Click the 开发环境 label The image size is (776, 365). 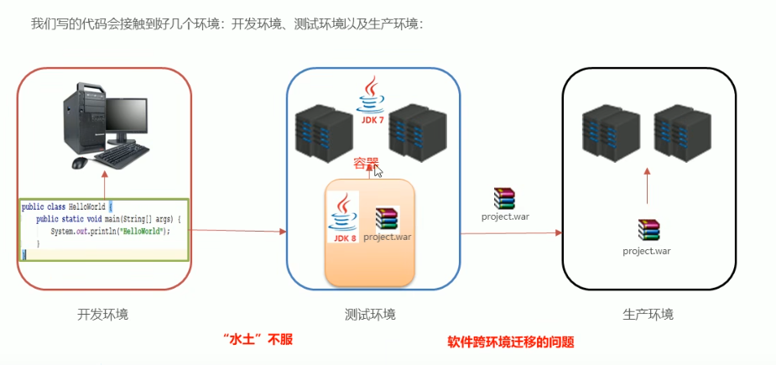103,315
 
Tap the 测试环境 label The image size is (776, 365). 370,315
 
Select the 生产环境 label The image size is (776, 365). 648,315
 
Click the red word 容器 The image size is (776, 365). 366,163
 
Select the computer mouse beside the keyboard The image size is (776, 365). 80,162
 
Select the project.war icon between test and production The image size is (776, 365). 504,199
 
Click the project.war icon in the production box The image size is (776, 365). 648,230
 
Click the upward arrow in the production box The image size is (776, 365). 648,186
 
